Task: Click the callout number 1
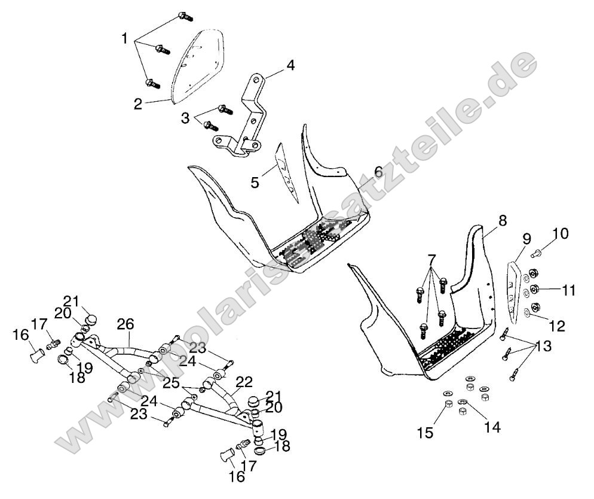(x=124, y=39)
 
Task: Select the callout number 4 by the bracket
(x=290, y=65)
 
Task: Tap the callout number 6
(x=378, y=172)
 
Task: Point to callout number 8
(x=502, y=220)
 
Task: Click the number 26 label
(x=125, y=325)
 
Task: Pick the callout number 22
(x=244, y=381)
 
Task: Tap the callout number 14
(x=492, y=427)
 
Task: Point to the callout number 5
(x=255, y=182)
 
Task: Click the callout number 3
(x=185, y=118)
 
